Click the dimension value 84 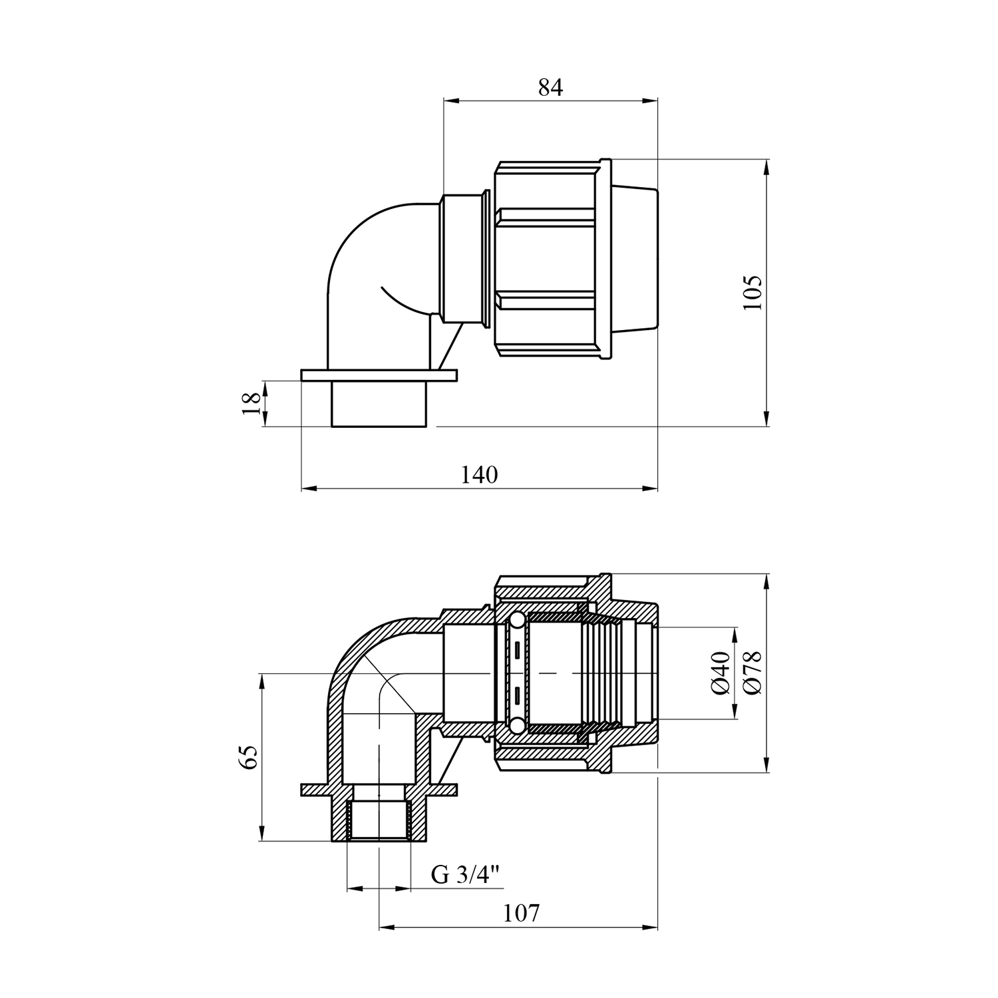(x=550, y=87)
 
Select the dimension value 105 (x=752, y=292)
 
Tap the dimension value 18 (x=251, y=403)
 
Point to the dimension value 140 (x=479, y=475)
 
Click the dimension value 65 (x=248, y=758)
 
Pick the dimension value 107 (x=521, y=913)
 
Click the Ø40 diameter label (x=721, y=673)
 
